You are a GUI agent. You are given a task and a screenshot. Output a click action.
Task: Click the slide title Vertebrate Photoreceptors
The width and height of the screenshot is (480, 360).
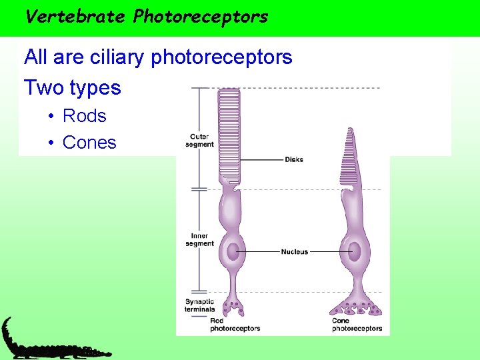(x=146, y=16)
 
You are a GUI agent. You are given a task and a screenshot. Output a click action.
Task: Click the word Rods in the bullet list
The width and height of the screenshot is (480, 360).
(x=84, y=116)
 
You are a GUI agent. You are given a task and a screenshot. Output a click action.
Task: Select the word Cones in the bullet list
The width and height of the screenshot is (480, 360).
(x=89, y=143)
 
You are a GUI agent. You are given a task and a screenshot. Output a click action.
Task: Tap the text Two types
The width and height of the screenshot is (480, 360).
(x=73, y=88)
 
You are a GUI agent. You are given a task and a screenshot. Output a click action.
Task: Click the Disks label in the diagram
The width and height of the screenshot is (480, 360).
(x=293, y=159)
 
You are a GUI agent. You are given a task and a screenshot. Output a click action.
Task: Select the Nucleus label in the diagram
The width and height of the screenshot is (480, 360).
(x=295, y=252)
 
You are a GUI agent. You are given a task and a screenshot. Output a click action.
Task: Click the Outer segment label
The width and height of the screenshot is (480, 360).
(x=199, y=141)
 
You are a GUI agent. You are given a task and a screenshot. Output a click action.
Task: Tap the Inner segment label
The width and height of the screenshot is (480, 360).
(x=199, y=239)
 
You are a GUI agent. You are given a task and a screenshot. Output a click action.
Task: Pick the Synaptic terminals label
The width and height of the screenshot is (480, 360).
(x=199, y=305)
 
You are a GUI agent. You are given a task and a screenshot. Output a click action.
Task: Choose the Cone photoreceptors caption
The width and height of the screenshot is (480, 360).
(x=357, y=325)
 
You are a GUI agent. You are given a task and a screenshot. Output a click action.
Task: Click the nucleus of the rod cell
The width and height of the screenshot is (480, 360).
(x=232, y=252)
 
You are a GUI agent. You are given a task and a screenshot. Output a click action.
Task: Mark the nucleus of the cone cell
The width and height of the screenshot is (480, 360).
(x=354, y=252)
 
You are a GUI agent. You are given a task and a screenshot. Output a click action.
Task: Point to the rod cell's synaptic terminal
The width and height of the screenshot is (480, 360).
(x=233, y=307)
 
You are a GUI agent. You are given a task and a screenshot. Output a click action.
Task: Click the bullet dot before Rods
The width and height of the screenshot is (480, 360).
(x=51, y=117)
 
